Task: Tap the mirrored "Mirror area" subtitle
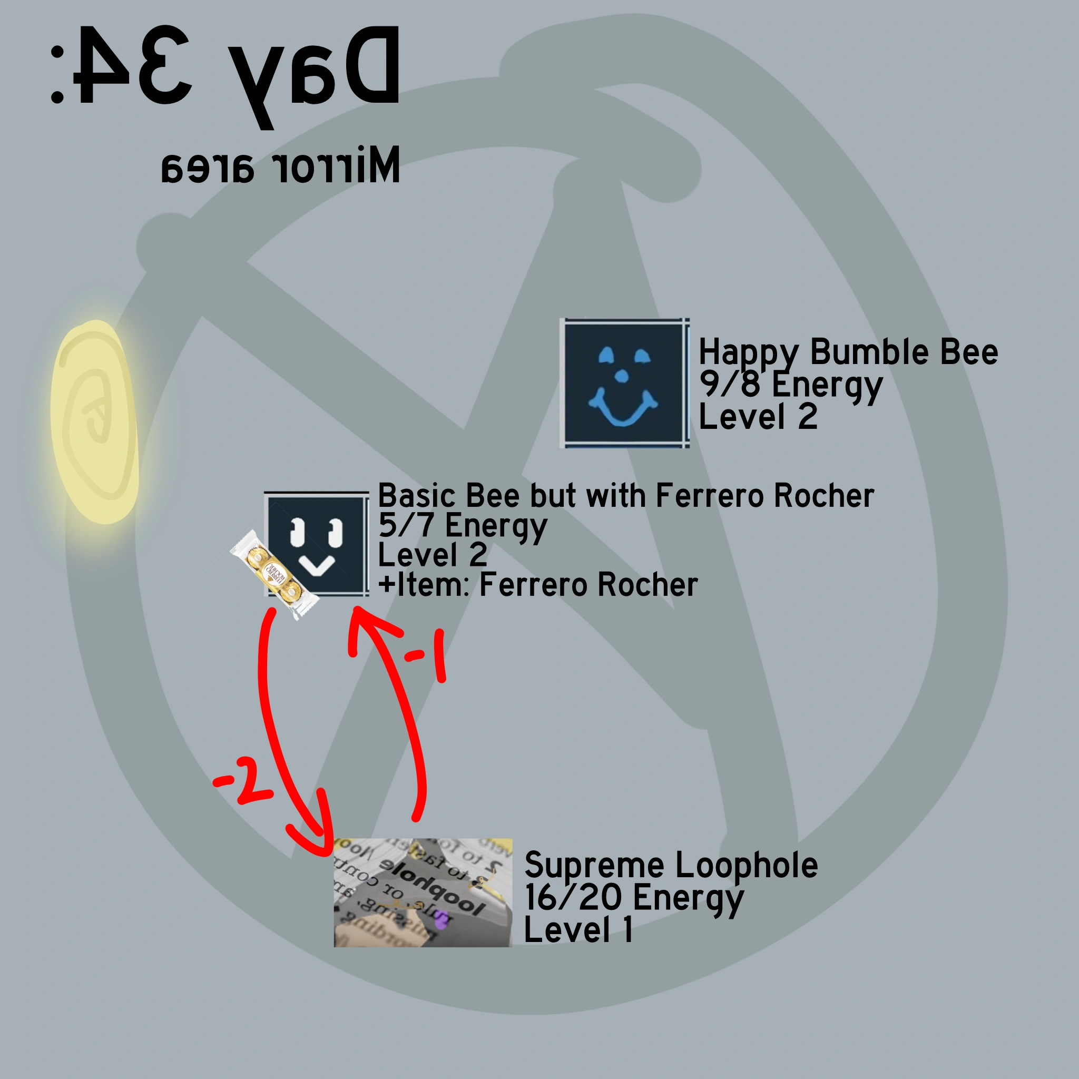(280, 165)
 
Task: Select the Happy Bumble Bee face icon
(624, 383)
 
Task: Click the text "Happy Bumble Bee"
(848, 352)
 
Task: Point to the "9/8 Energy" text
(790, 385)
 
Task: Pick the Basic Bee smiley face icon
(316, 545)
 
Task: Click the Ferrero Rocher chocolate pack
(273, 574)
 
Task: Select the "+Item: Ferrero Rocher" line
(538, 585)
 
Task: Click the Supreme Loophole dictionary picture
(422, 892)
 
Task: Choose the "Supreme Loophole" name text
(671, 865)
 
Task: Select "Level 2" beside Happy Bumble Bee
(758, 417)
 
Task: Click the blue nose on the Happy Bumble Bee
(621, 376)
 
